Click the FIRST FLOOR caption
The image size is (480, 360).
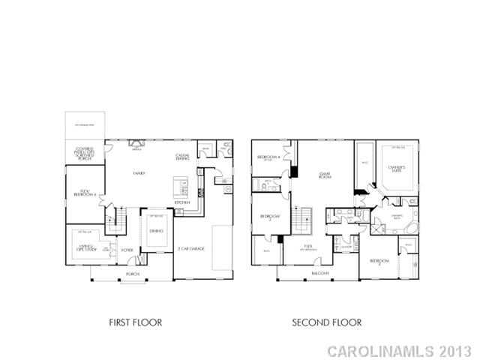point(136,322)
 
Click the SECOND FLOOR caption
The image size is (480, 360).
point(327,322)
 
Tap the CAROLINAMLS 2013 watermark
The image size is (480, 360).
point(400,350)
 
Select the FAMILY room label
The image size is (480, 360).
point(139,173)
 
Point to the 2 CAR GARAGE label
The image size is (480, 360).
point(191,248)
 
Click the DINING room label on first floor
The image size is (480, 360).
point(156,231)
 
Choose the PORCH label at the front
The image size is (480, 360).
point(133,274)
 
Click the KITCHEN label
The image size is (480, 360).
point(182,202)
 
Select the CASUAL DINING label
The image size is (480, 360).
point(182,157)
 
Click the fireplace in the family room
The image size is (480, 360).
point(136,142)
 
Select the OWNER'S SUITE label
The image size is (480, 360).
point(395,168)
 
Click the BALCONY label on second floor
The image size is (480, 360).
point(320,274)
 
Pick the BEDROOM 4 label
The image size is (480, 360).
point(268,157)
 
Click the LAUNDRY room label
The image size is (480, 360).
point(346,247)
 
